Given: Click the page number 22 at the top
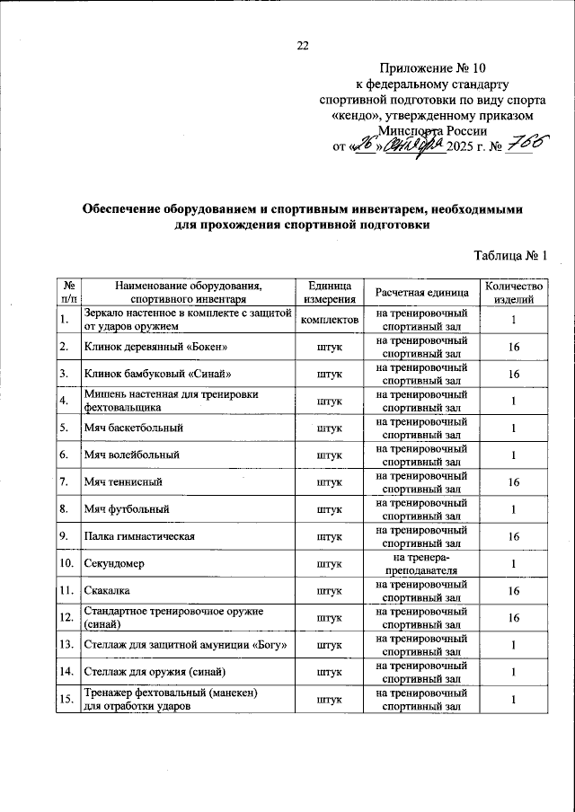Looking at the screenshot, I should (302, 47).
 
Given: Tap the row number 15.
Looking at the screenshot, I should (65, 698).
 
